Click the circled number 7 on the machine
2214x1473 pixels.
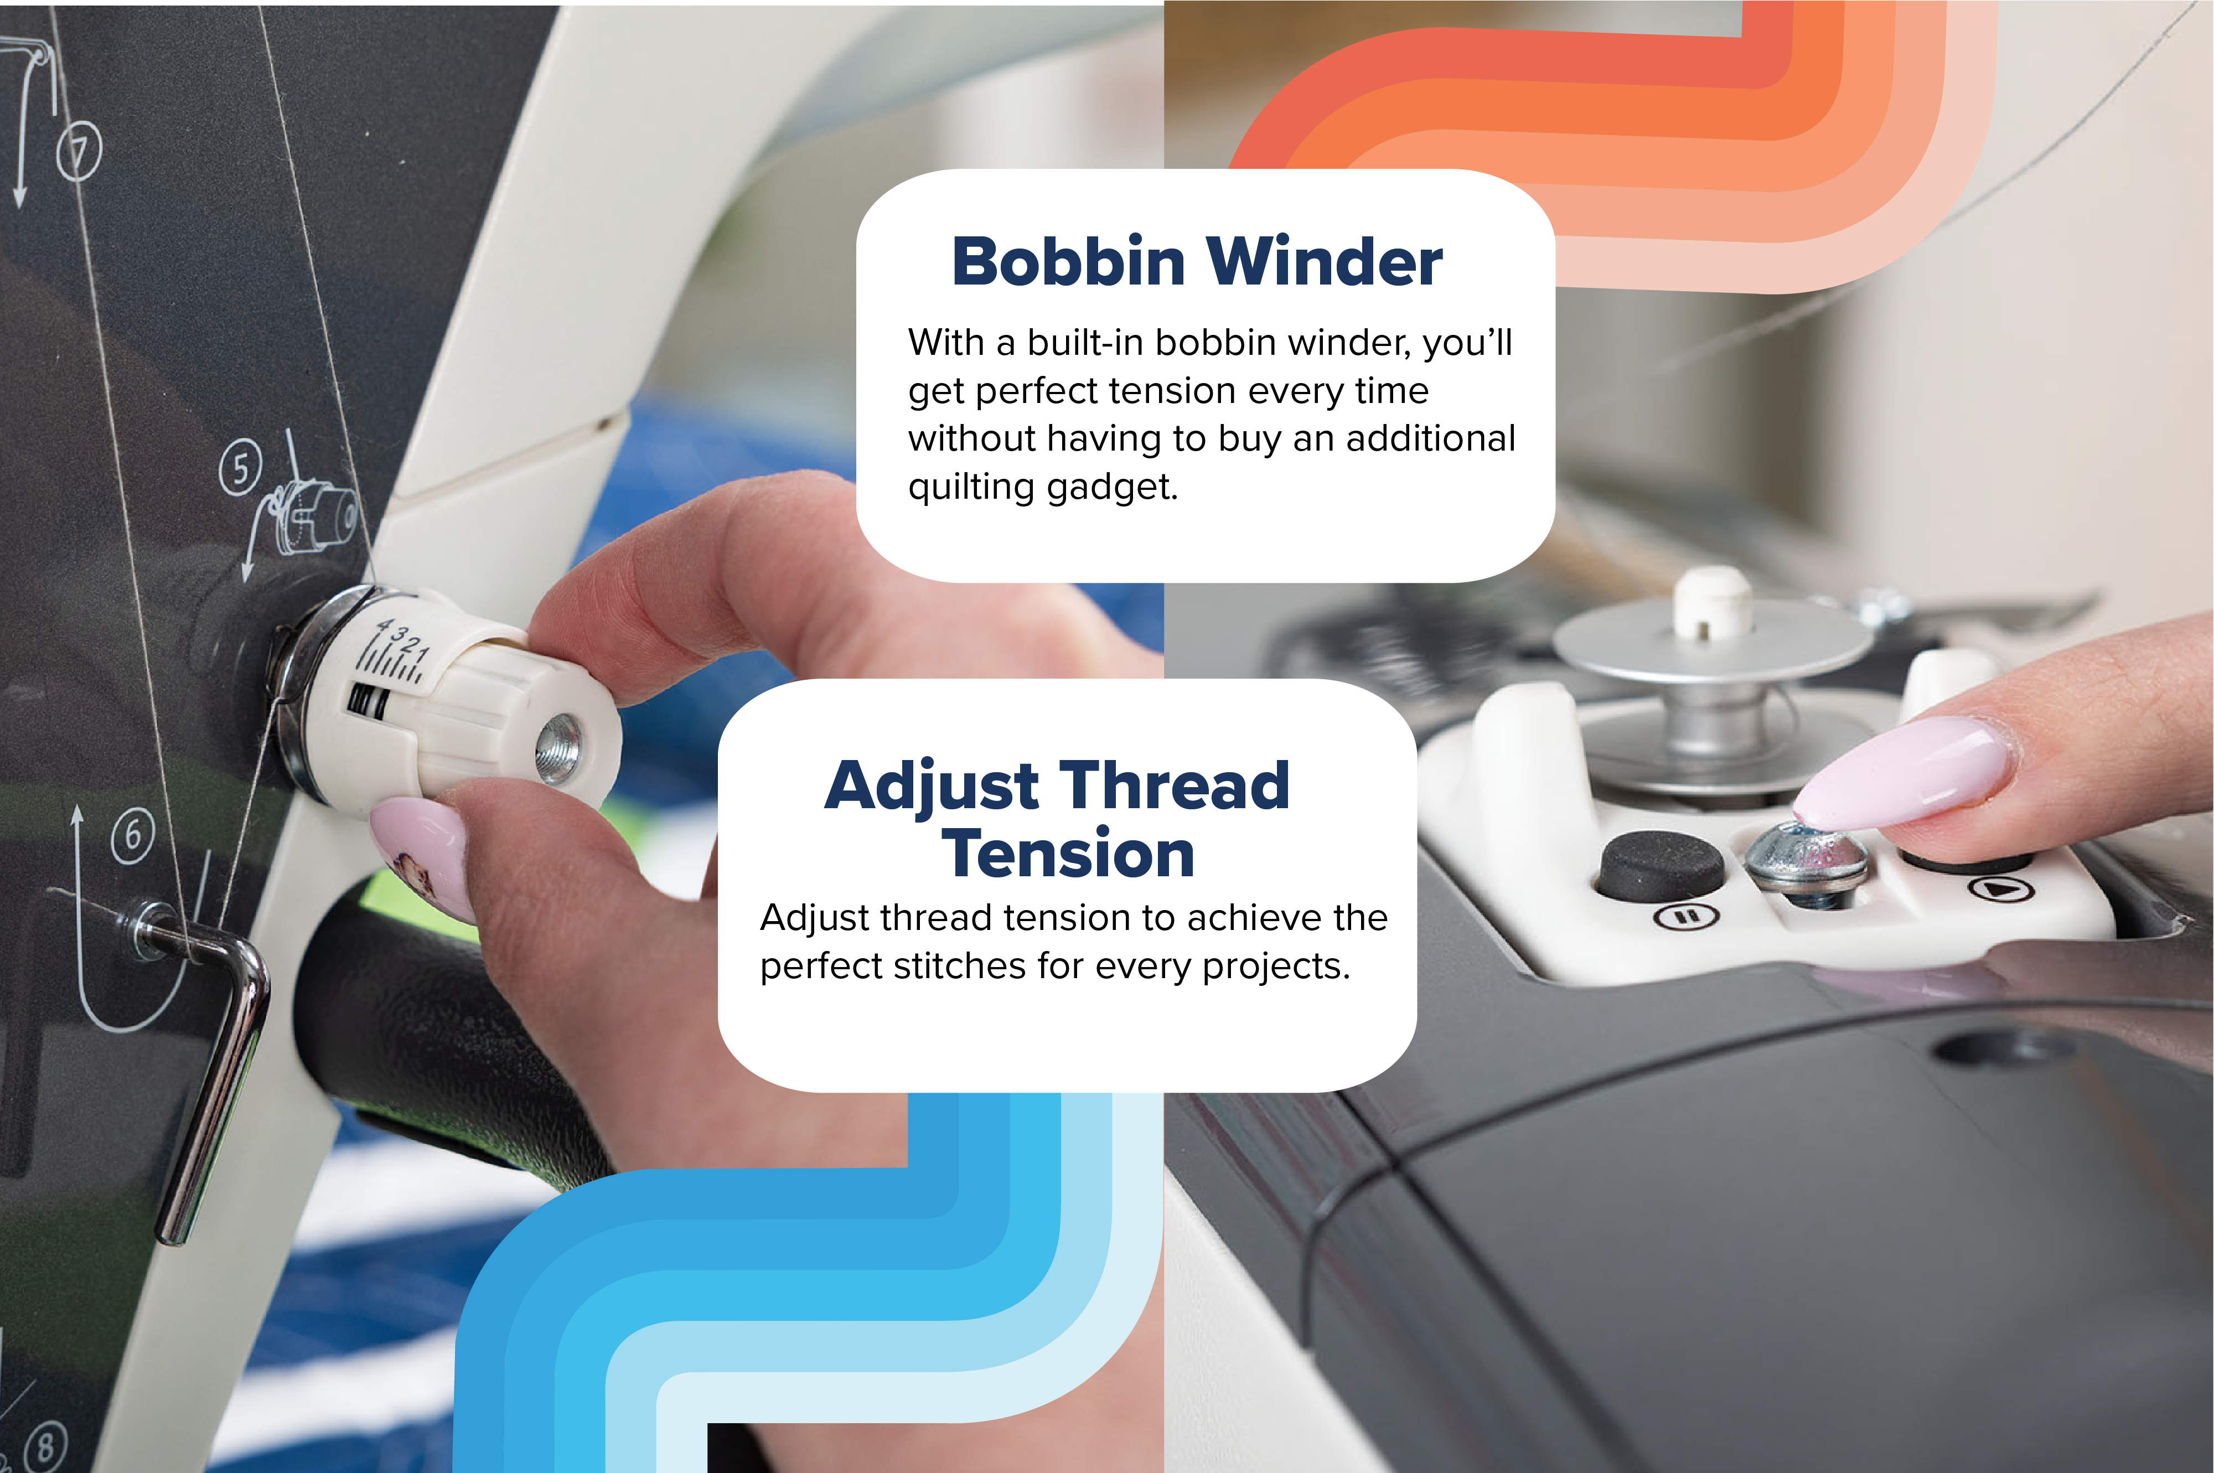79,151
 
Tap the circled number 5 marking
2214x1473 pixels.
240,468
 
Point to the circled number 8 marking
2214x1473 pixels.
45,1446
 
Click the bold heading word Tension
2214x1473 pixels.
1068,854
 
